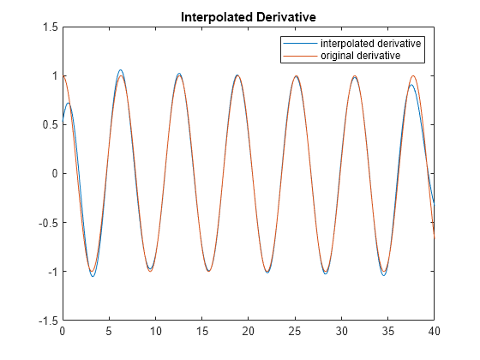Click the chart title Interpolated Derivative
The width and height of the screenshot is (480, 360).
pyautogui.click(x=249, y=16)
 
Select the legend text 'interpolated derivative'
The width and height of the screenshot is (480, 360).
pyautogui.click(x=373, y=43)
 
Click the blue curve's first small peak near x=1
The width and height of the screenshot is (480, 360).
pyautogui.click(x=69, y=103)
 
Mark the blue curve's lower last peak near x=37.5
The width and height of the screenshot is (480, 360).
pyautogui.click(x=411, y=85)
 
